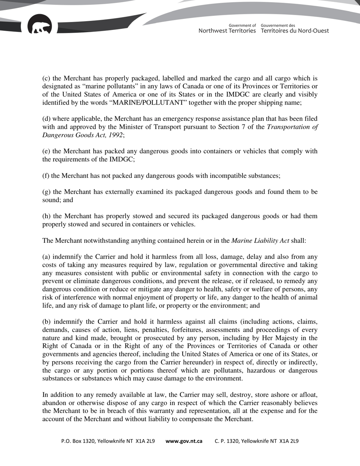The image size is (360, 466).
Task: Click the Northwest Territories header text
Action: click(x=227, y=31)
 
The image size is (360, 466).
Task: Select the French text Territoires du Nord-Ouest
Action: click(x=295, y=31)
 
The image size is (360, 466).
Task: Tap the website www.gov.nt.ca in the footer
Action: click(x=184, y=441)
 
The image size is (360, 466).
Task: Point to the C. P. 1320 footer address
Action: click(x=257, y=441)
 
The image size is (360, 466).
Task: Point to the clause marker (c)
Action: click(x=46, y=79)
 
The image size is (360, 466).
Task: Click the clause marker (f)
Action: click(x=45, y=175)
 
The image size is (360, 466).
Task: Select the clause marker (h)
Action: click(x=46, y=216)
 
